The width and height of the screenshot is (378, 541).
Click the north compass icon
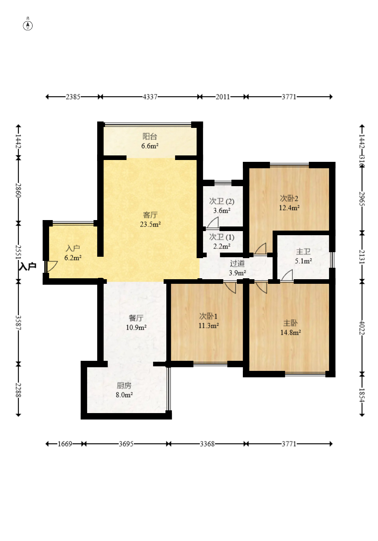coord(27,25)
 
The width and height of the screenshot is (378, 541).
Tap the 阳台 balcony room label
coord(150,137)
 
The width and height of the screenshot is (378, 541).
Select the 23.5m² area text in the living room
coord(150,224)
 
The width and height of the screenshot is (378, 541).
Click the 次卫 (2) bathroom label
coord(222,201)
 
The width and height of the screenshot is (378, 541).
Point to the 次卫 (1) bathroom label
coord(222,237)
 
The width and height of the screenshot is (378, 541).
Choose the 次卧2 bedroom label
coord(289,199)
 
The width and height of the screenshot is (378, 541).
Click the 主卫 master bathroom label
coord(303,252)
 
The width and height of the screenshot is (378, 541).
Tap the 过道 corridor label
coord(237,264)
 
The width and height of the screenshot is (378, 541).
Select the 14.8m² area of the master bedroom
coord(290,332)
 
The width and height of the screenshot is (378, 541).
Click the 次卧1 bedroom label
coord(208,316)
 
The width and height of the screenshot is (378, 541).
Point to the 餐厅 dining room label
coord(136,318)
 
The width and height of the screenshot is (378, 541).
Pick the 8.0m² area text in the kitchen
coord(124,395)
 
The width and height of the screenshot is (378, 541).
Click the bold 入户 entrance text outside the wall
coord(27,266)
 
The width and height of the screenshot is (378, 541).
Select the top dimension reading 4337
coord(150,97)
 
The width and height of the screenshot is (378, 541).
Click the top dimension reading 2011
coord(223,97)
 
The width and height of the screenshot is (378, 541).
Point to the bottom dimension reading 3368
coord(207,444)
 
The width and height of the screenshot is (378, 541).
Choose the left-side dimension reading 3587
coord(18,323)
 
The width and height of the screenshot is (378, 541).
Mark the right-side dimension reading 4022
coord(362,328)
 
